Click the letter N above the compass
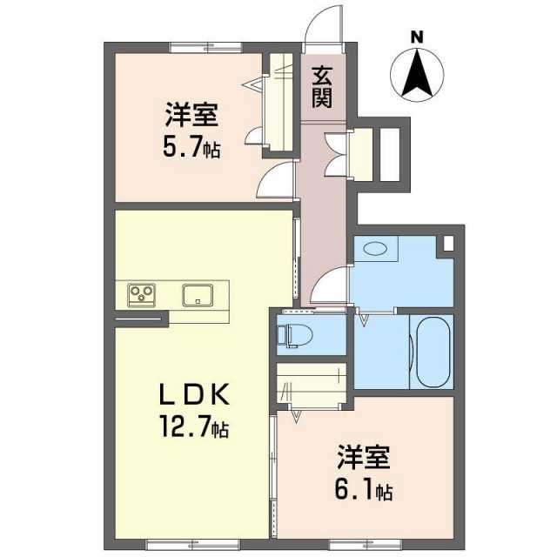(x=417, y=37)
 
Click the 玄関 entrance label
(x=322, y=87)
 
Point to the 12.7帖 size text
(x=194, y=426)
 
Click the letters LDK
(x=194, y=395)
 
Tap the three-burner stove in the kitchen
(x=141, y=295)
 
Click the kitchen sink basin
(x=198, y=295)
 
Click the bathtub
(x=433, y=352)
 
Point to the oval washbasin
(x=376, y=248)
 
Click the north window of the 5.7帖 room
(x=206, y=47)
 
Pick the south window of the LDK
(x=193, y=544)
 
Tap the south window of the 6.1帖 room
(x=366, y=544)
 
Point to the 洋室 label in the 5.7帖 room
(x=191, y=114)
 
